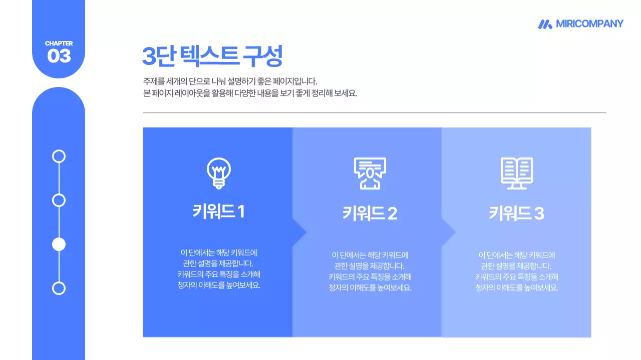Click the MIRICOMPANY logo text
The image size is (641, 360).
pyautogui.click(x=589, y=23)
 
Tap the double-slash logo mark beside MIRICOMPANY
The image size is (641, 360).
pyautogui.click(x=545, y=24)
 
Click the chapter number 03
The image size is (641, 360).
pyautogui.click(x=59, y=56)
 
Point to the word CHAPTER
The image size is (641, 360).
pyautogui.click(x=59, y=43)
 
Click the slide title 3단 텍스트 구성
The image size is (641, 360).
pyautogui.click(x=212, y=56)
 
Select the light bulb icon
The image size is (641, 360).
pyautogui.click(x=218, y=173)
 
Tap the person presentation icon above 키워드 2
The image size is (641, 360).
pyautogui.click(x=370, y=173)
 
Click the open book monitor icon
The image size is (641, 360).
pyautogui.click(x=517, y=173)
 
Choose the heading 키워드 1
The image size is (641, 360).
pyautogui.click(x=218, y=211)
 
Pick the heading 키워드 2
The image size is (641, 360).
pyautogui.click(x=370, y=213)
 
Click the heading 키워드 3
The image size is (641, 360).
pyautogui.click(x=516, y=213)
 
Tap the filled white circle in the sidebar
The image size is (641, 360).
pyautogui.click(x=59, y=244)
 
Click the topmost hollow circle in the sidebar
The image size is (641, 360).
pyautogui.click(x=59, y=156)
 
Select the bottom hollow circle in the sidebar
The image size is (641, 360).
pyautogui.click(x=59, y=288)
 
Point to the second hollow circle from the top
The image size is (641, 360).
pyautogui.click(x=59, y=200)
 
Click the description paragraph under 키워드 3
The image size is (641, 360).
pyautogui.click(x=516, y=271)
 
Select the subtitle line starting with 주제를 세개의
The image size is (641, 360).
pyautogui.click(x=230, y=81)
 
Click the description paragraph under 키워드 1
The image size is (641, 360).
pyautogui.click(x=218, y=269)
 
